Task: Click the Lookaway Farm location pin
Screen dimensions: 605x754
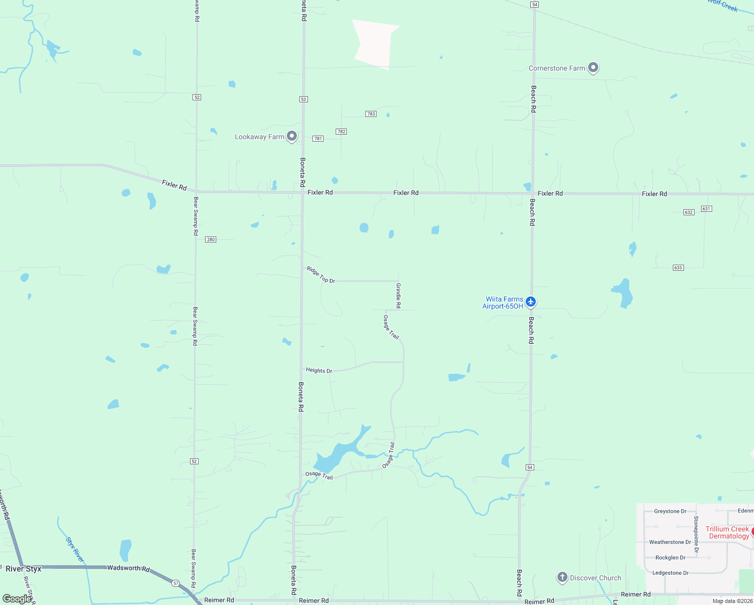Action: pos(291,136)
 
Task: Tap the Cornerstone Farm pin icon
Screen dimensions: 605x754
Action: pos(593,67)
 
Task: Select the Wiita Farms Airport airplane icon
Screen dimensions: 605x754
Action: pos(530,301)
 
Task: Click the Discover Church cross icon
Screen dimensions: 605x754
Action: pos(562,577)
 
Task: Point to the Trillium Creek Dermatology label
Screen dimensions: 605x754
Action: pos(727,532)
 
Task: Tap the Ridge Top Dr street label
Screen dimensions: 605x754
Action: pos(321,275)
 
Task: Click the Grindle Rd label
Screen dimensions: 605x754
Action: pos(398,295)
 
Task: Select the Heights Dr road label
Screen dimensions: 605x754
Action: pos(319,371)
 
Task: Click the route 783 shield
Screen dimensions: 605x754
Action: pos(371,114)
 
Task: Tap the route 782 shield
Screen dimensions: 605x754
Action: pos(341,132)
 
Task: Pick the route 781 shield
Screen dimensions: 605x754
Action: pos(318,139)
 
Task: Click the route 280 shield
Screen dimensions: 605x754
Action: pos(211,239)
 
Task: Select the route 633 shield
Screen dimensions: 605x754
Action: pos(678,268)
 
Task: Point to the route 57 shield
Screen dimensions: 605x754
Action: pos(175,583)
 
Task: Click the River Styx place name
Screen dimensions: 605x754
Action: pos(24,569)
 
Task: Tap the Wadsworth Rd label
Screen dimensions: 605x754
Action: pos(129,568)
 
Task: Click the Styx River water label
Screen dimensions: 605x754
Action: pos(75,550)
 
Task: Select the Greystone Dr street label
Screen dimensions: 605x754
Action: pos(670,511)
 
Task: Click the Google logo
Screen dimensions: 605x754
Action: pos(17,599)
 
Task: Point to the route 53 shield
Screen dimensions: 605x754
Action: pos(303,99)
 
